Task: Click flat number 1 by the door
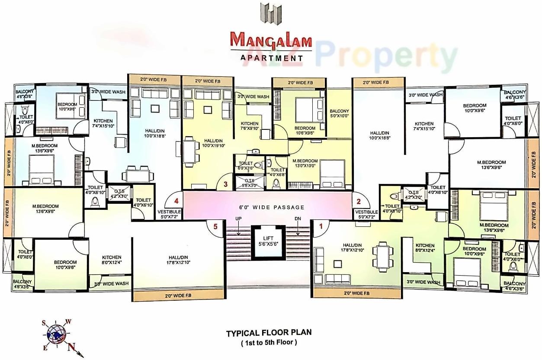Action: [321, 225]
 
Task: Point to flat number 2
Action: [358, 201]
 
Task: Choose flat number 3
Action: [225, 184]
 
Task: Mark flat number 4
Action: [176, 201]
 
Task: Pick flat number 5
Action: [215, 225]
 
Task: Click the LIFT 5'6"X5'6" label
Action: [269, 241]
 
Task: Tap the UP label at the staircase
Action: [238, 219]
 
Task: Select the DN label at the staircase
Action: [298, 219]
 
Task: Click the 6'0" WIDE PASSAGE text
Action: [272, 207]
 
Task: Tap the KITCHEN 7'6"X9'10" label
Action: [249, 126]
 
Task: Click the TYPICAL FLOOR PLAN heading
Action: [269, 333]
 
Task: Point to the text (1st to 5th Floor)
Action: [269, 342]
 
